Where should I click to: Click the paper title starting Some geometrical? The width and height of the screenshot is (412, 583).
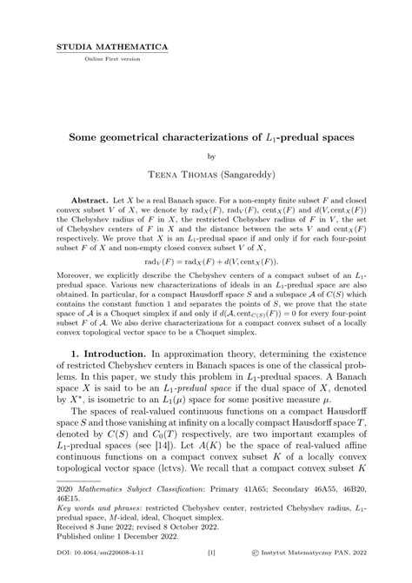click(206, 137)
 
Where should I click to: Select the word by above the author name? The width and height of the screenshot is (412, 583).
click(206, 157)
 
